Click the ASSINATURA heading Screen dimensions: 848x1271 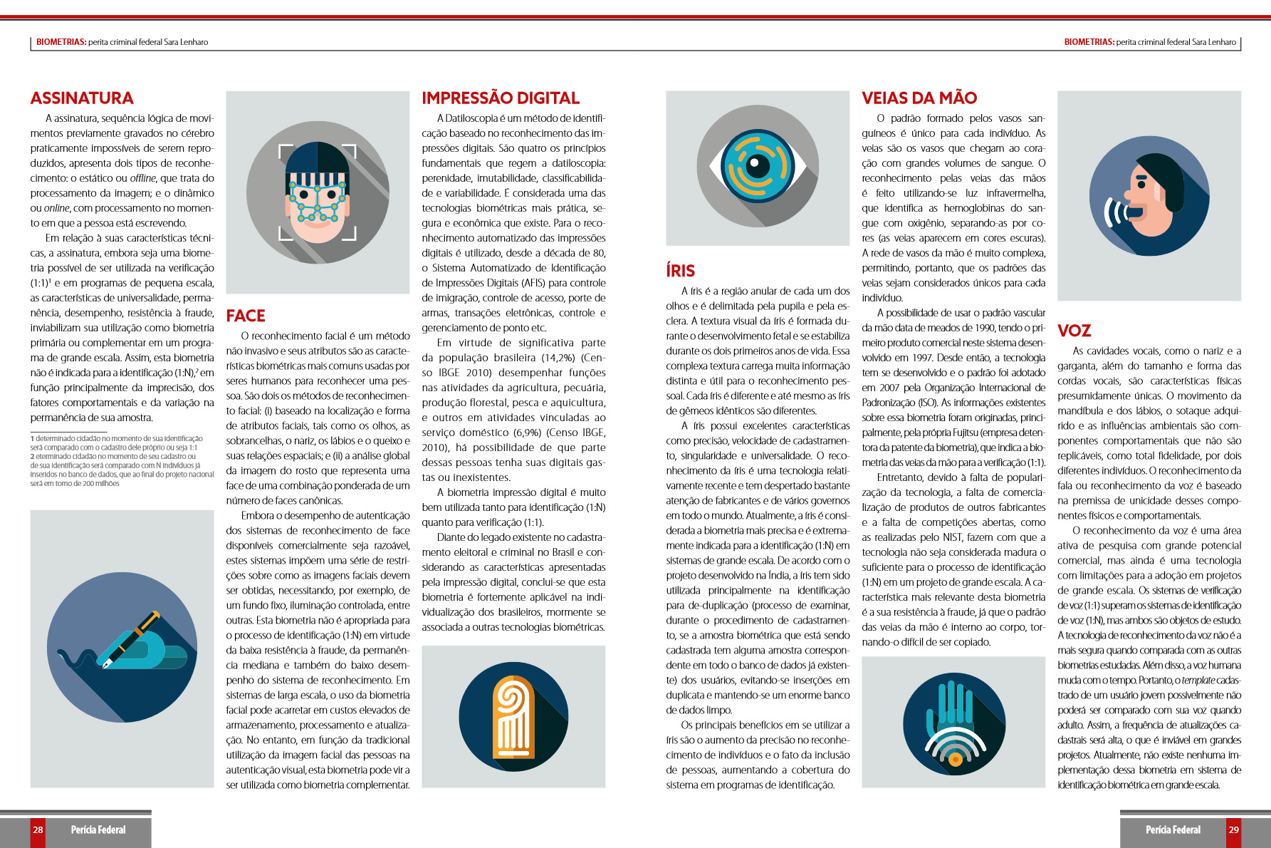point(82,98)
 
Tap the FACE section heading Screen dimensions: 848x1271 point(246,316)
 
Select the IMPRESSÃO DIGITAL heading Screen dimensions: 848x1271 point(501,98)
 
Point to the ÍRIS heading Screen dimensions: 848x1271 point(680,271)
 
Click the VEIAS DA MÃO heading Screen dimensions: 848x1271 point(919,98)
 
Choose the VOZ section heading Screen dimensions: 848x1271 point(1074,331)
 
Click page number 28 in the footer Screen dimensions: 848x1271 point(38,829)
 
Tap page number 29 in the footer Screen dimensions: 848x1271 point(1233,829)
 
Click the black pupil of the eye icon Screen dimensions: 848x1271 point(756,166)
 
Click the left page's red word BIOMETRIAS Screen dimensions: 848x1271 point(61,42)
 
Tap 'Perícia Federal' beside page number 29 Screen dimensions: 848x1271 point(1173,829)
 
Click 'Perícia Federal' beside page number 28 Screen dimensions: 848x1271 point(98,829)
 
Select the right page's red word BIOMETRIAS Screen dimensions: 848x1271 point(1089,42)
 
